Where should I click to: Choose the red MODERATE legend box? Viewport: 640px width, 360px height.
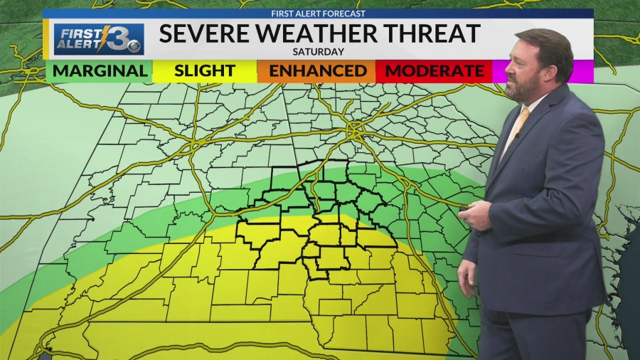pyautogui.click(x=434, y=70)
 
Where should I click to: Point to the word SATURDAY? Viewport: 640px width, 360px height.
pyautogui.click(x=318, y=51)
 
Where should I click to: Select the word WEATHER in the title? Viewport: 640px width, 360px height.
pyautogui.click(x=318, y=33)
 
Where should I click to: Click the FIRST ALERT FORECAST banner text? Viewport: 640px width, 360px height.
pyautogui.click(x=318, y=14)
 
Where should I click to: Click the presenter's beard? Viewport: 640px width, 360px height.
pyautogui.click(x=535, y=89)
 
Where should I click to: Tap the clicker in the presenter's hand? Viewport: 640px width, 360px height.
pyautogui.click(x=466, y=208)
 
